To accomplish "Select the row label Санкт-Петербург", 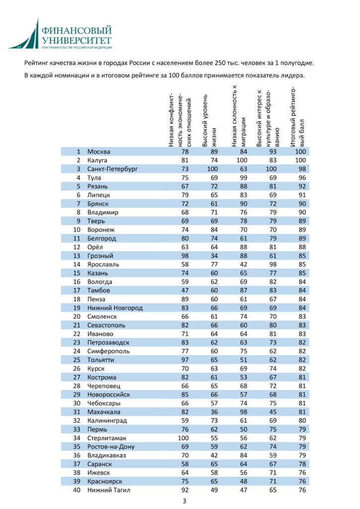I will pos(112,169).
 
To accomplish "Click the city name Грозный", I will pos(101,255).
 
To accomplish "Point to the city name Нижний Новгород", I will pos(115,308).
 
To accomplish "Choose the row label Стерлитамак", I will pos(107,438).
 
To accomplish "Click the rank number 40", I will pos(77,490).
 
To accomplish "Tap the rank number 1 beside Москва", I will pos(79,152).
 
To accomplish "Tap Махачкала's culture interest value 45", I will pos(272,412).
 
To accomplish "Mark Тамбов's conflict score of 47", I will pos(185,290).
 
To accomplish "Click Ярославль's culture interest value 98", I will pos(272,264).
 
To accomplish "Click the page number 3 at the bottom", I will pos(184,501).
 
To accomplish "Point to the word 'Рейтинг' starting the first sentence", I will pos(36,63).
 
